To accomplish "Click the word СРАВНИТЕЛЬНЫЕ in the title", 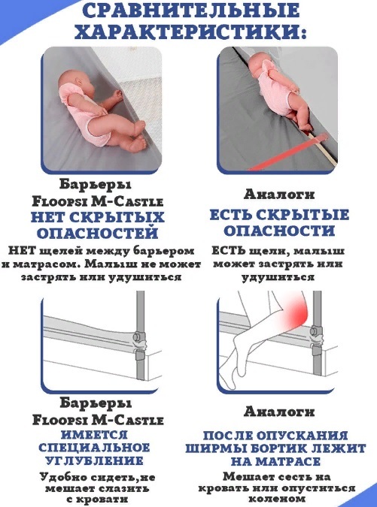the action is [x=191, y=11].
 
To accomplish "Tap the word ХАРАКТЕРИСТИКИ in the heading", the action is [x=190, y=32].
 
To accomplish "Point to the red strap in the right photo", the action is [x=289, y=152].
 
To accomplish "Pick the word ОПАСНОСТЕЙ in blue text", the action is [x=98, y=233].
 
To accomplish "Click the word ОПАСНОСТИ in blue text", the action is [x=279, y=231].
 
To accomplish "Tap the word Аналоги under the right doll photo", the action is [x=279, y=195].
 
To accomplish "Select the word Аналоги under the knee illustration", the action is [x=279, y=412].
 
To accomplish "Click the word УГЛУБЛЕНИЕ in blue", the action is [x=94, y=460].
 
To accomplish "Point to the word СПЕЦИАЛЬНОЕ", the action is [x=94, y=448].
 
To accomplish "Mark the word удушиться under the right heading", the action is [x=278, y=277].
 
